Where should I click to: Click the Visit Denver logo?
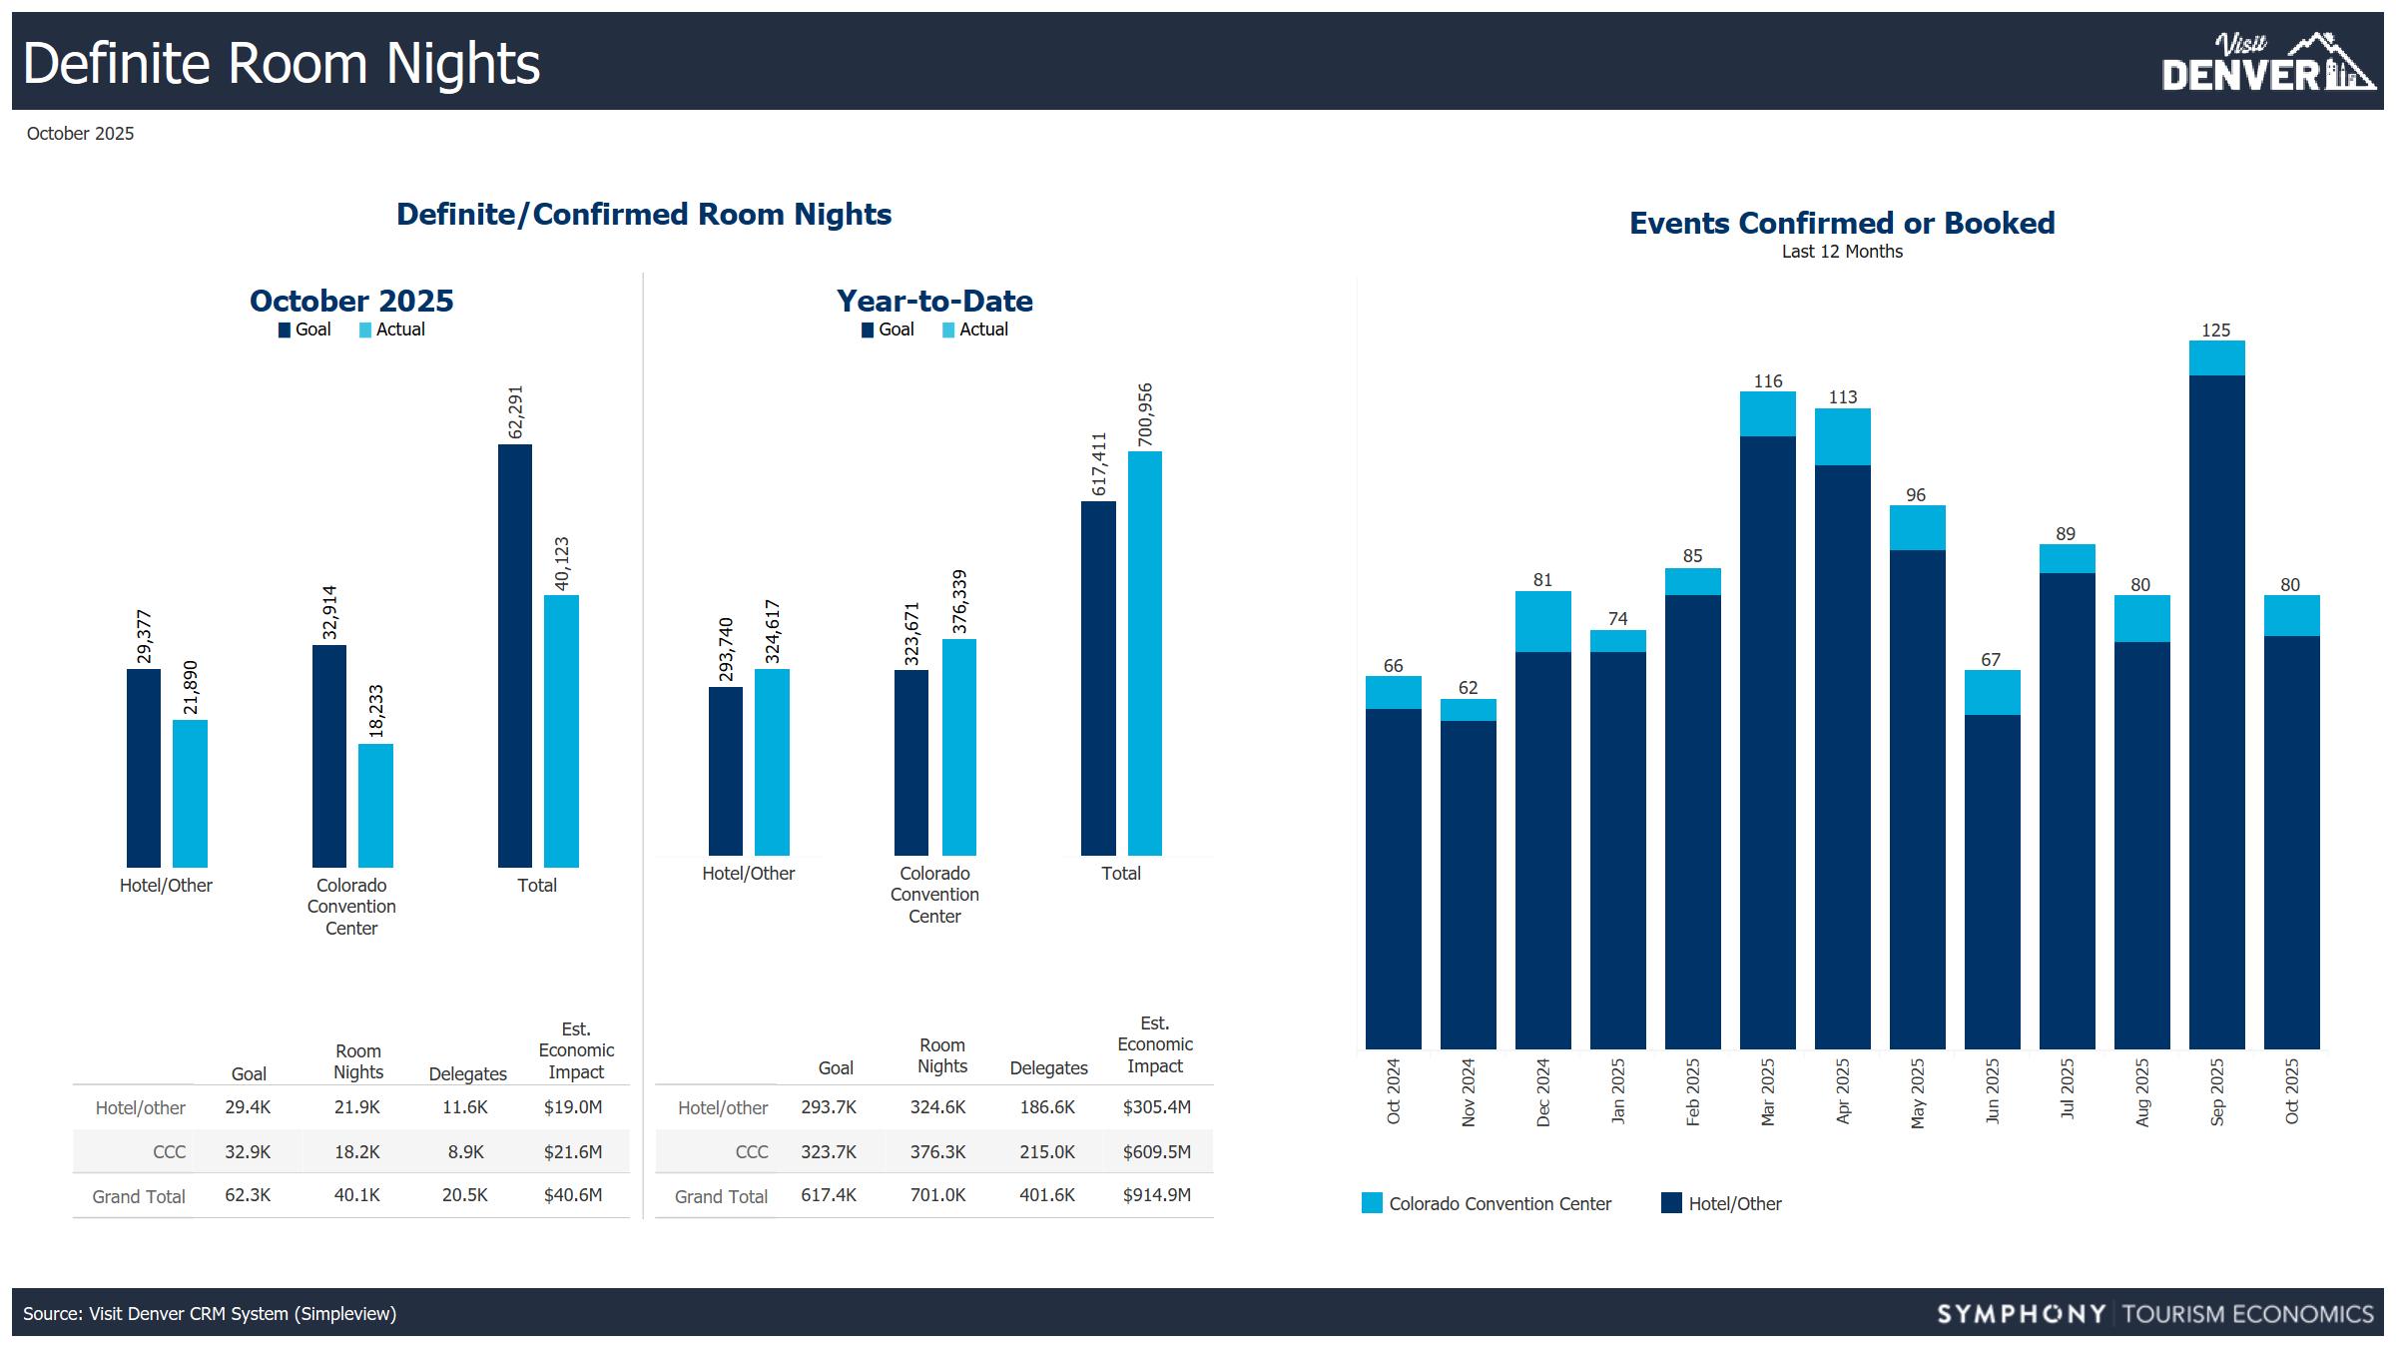(x=2266, y=63)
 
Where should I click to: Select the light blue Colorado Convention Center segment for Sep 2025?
(x=2216, y=358)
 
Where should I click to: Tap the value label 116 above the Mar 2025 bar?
(x=1767, y=381)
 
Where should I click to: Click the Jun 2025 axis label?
(x=1992, y=1091)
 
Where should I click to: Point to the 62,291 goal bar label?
(x=515, y=411)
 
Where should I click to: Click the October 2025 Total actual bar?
(x=561, y=731)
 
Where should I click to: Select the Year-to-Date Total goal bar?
(x=1098, y=678)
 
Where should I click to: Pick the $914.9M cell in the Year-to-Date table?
(x=1156, y=1195)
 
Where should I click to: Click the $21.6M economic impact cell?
(x=573, y=1151)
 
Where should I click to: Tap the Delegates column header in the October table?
(x=467, y=1073)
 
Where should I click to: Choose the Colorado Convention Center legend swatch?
(x=1373, y=1203)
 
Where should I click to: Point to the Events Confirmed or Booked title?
(x=1842, y=223)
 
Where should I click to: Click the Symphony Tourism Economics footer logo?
(x=2154, y=1313)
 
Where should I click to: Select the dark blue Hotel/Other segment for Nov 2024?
(x=1468, y=884)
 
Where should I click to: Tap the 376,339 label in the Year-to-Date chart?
(x=959, y=601)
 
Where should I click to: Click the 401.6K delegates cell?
(x=1047, y=1195)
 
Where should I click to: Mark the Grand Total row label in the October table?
(x=139, y=1196)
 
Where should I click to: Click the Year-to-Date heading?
(x=934, y=301)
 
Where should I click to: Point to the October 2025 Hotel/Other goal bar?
(x=144, y=768)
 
